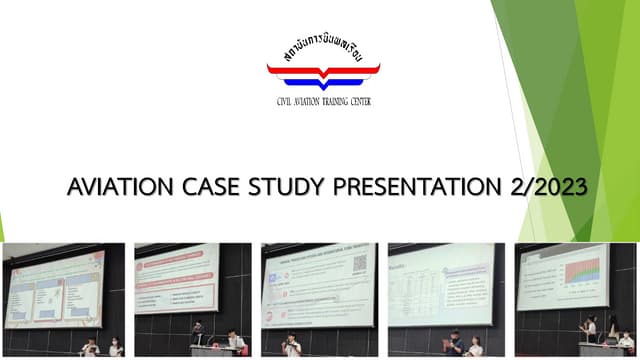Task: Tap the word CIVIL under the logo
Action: coord(288,101)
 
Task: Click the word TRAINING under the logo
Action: coord(334,101)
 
